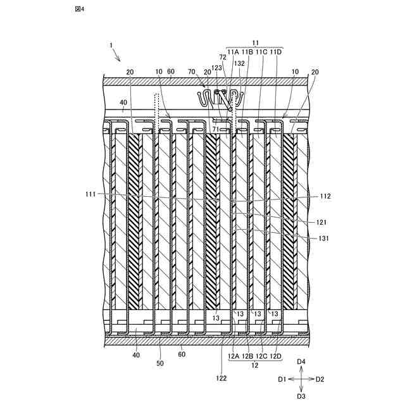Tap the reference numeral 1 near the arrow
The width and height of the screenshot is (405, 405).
click(111, 46)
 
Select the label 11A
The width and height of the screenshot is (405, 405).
click(232, 51)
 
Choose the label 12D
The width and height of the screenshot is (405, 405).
click(276, 357)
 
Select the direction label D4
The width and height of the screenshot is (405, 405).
click(302, 361)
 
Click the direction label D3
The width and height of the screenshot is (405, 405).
click(302, 396)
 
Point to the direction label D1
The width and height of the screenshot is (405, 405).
click(282, 379)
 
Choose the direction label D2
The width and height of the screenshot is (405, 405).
click(320, 379)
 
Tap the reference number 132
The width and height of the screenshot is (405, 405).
click(240, 64)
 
